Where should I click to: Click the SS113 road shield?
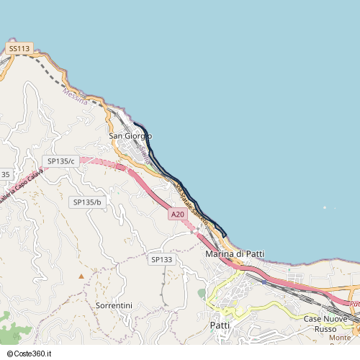click(20, 48)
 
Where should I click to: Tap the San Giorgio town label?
click(130, 135)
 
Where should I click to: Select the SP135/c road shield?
click(61, 161)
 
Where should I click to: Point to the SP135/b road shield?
click(87, 202)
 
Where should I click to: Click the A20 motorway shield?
click(178, 214)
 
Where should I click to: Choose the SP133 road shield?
click(162, 259)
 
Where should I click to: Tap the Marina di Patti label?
click(235, 254)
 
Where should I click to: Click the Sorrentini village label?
click(114, 305)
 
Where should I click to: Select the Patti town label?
click(220, 325)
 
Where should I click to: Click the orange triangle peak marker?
click(81, 276)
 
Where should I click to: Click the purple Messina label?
click(75, 96)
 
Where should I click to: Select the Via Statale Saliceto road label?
click(191, 204)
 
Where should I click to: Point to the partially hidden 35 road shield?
click(5, 175)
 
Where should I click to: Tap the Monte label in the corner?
click(340, 338)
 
